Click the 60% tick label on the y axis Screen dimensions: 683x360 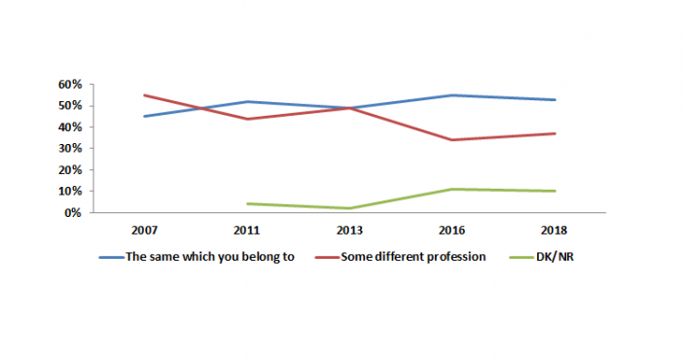[x=70, y=85]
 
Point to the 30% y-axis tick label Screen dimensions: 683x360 [x=70, y=149]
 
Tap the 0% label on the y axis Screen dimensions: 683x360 [x=73, y=213]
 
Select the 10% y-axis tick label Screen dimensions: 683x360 [x=70, y=192]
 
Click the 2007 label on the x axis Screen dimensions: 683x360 [x=144, y=231]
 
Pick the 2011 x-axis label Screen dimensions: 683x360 [x=246, y=231]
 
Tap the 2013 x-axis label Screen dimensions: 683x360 [x=349, y=231]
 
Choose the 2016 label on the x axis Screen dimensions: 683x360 [x=451, y=231]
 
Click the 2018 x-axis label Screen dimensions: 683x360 [x=554, y=231]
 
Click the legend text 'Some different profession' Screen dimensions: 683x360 [x=413, y=257]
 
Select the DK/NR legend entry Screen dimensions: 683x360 [x=555, y=257]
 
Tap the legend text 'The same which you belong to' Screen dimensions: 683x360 [x=210, y=257]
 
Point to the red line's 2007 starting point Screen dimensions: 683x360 [x=144, y=95]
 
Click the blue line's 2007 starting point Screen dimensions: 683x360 [x=144, y=117]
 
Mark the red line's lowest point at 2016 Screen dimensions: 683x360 [x=451, y=140]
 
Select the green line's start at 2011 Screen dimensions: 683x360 [x=247, y=203]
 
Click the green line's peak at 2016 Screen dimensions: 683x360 [x=451, y=189]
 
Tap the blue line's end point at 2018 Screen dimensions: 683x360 [x=555, y=100]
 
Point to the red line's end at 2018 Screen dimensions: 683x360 [x=555, y=133]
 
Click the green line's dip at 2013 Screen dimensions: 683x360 [x=349, y=208]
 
